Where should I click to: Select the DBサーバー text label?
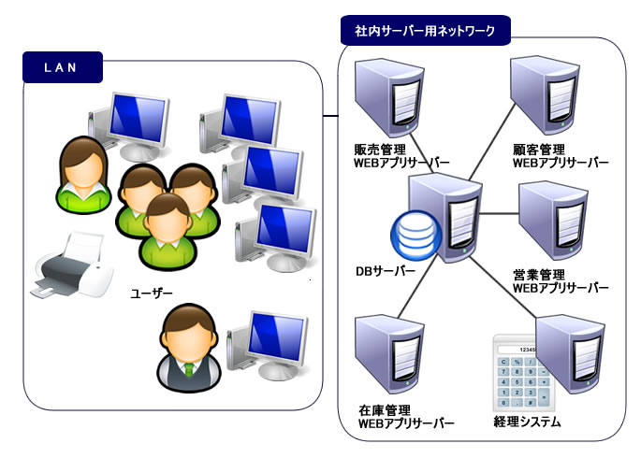pos(385,271)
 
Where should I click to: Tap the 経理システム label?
pos(527,422)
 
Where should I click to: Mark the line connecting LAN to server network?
pos(329,118)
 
